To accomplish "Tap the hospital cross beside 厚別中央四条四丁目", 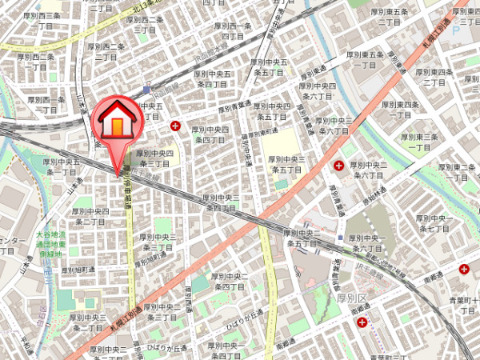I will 175,126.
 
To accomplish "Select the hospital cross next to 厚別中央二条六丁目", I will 339,166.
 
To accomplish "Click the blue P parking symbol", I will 456,30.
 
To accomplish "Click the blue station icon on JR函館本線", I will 146,89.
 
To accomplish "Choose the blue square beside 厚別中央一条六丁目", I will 340,238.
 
